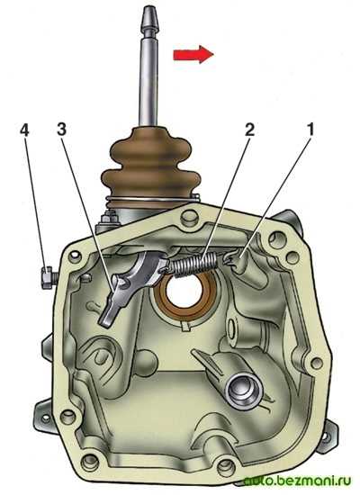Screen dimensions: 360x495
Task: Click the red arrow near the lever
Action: tap(193, 54)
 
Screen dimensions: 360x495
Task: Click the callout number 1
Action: tap(310, 130)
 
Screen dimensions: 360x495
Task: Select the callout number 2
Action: tap(248, 130)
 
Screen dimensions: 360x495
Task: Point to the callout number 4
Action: tap(24, 130)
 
